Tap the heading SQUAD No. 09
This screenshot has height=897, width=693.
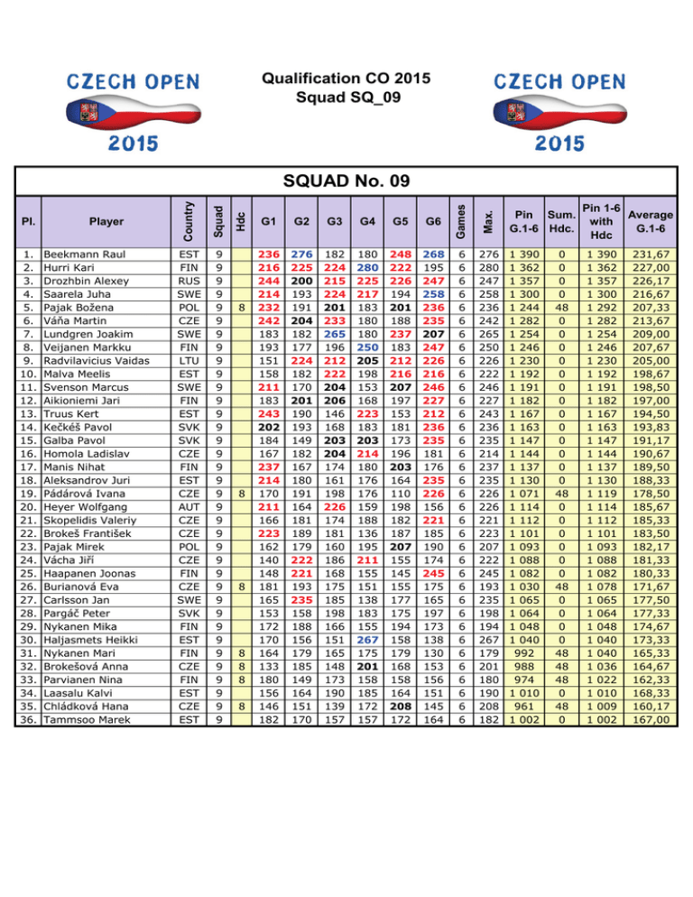[346, 181]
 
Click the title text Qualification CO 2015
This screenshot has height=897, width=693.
[346, 79]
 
